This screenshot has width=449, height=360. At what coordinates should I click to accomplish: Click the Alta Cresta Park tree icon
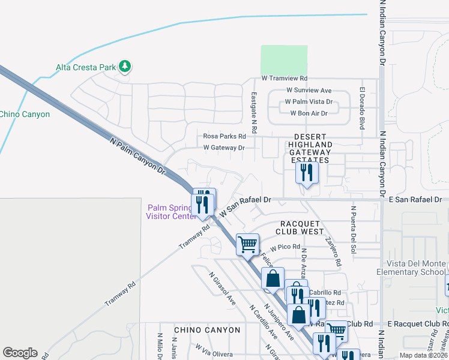(124, 67)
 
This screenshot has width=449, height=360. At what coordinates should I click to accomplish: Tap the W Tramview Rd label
(285, 79)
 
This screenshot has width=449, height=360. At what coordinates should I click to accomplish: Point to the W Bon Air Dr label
(309, 113)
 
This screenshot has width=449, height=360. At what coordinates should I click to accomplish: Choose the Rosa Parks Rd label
(224, 136)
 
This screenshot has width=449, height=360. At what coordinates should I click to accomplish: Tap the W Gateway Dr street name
(224, 147)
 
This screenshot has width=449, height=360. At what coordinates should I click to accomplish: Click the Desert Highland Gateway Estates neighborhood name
(310, 152)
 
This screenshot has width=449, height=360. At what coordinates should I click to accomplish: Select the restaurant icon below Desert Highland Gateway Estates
(306, 173)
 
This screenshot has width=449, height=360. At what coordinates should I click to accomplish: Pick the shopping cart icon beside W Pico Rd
(247, 244)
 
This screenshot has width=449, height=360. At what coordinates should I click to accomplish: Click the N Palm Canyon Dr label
(138, 155)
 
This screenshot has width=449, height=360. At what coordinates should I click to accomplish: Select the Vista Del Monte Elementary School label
(411, 268)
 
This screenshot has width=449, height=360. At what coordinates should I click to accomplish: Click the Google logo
(20, 353)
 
